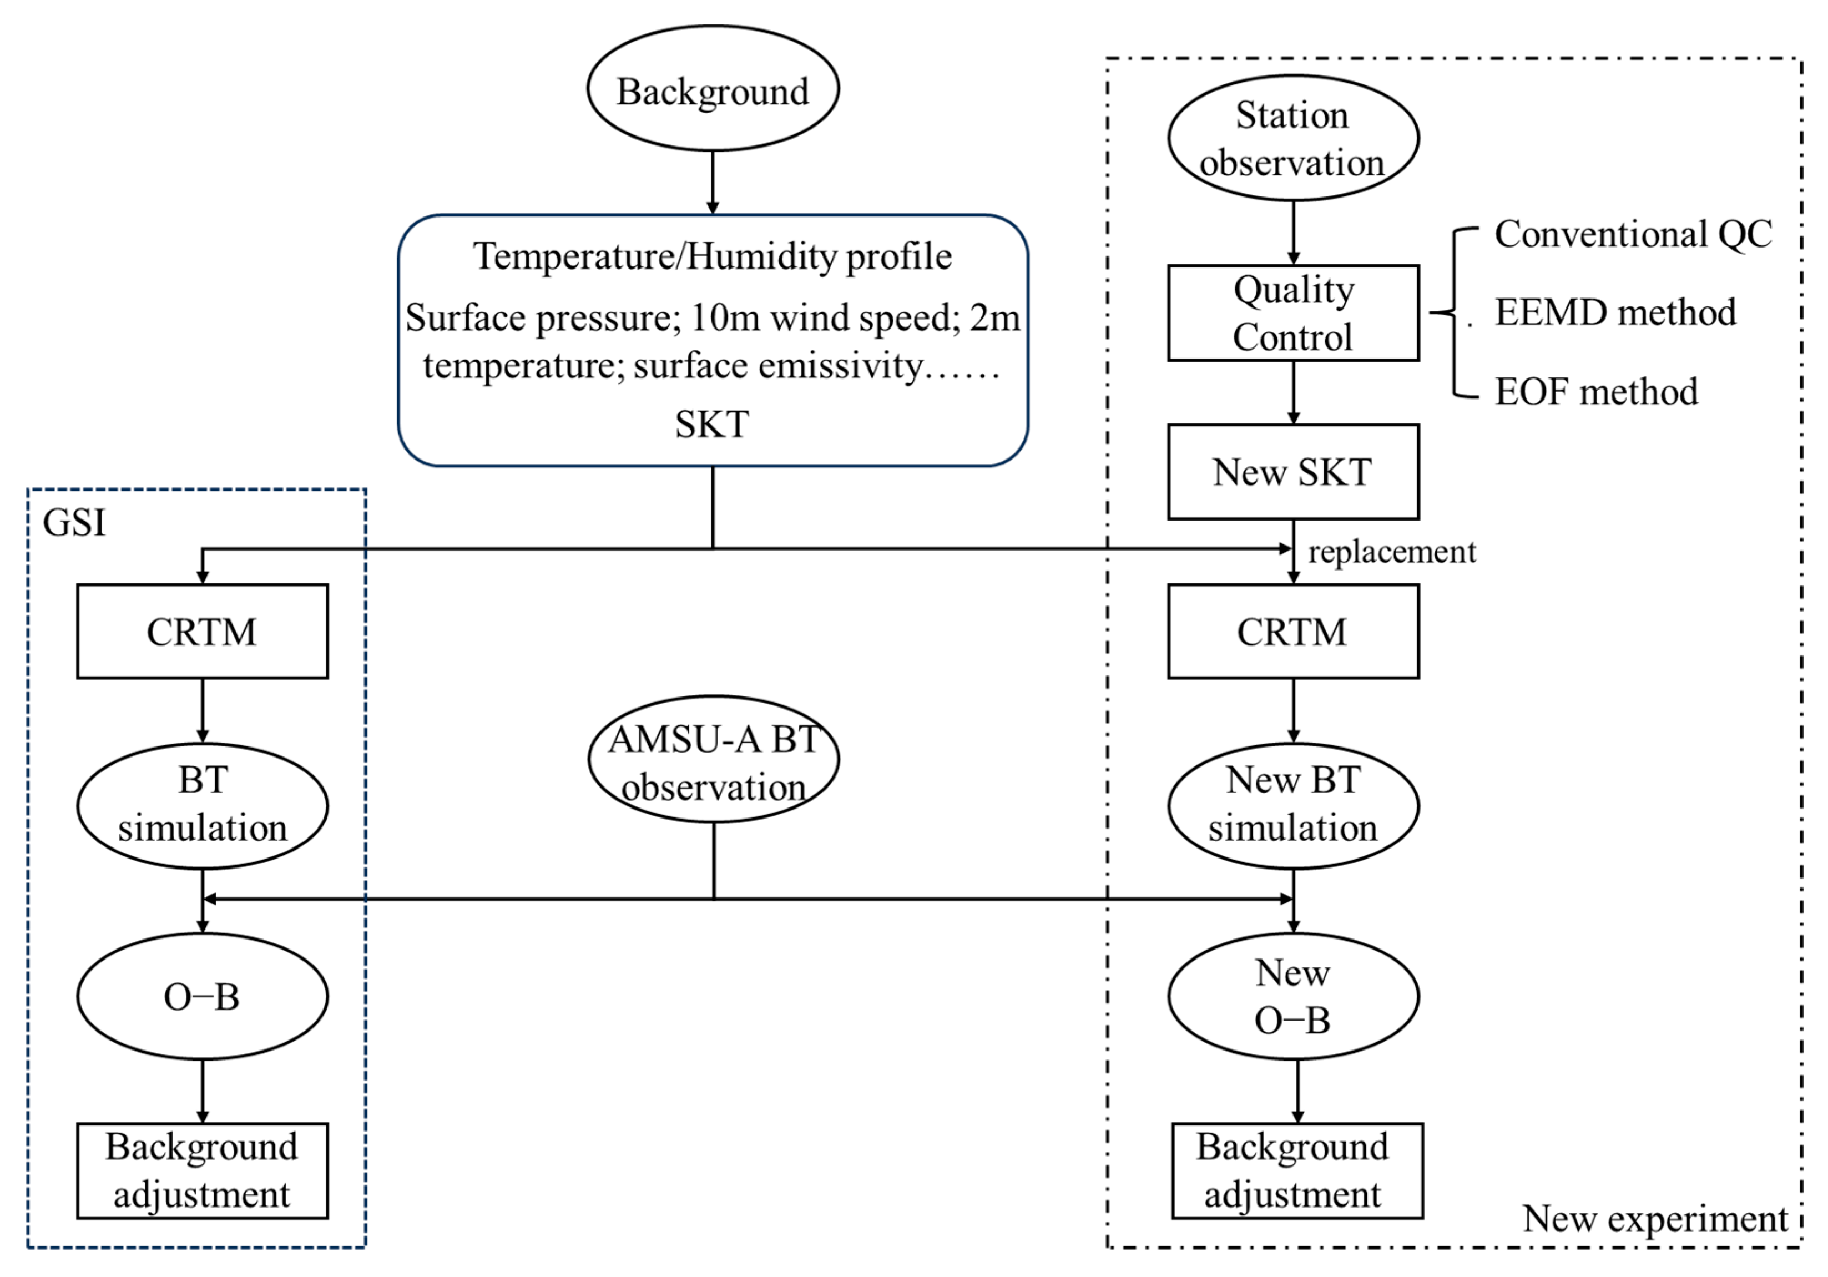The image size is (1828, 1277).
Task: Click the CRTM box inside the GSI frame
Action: point(202,632)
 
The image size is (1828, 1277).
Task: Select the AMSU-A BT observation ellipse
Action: point(713,760)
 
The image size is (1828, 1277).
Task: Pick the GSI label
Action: point(74,523)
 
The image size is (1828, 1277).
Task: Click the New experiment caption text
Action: point(1654,1218)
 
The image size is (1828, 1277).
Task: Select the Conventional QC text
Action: point(1632,234)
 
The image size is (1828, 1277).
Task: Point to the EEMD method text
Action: point(1615,312)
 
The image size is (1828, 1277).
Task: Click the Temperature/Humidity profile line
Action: point(712,256)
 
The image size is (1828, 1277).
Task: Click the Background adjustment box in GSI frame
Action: point(202,1170)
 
